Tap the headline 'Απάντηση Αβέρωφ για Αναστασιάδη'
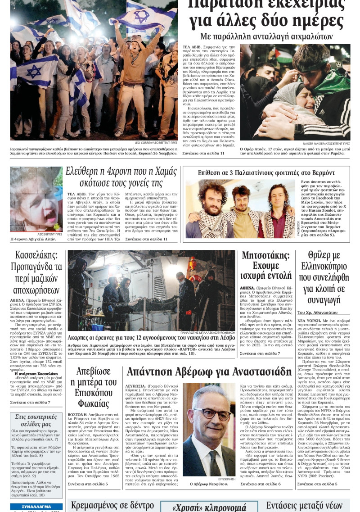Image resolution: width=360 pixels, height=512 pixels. click(209, 372)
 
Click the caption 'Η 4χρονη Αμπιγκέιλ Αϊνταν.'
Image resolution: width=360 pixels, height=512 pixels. click(33, 239)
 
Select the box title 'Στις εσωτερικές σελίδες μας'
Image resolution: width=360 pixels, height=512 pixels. click(36, 420)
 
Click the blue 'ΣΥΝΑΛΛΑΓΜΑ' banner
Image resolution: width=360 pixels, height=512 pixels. click(30, 507)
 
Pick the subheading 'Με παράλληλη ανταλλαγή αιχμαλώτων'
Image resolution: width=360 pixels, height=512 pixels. click(266, 36)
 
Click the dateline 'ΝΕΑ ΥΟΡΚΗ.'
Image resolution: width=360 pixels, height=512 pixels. click(309, 321)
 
